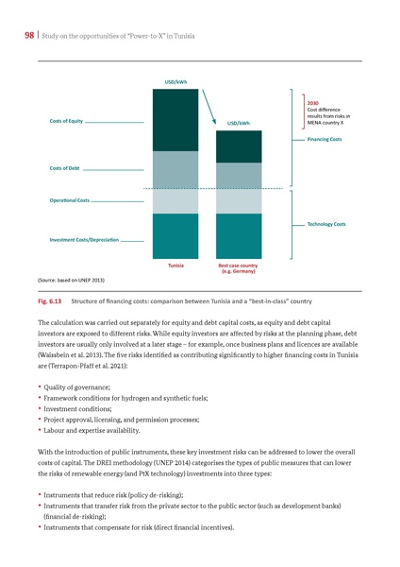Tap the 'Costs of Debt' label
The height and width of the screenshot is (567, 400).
point(57,167)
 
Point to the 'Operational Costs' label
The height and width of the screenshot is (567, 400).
point(63,201)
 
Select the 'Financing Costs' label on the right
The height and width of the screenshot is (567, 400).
point(325,139)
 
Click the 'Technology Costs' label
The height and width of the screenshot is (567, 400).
point(326,224)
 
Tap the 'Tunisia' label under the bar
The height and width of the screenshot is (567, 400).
point(175,266)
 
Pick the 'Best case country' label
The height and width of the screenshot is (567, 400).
point(238,266)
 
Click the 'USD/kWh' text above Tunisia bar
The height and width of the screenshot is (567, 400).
point(175,82)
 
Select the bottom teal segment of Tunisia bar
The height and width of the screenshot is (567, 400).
point(175,236)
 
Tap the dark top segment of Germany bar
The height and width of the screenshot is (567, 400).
point(239,146)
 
